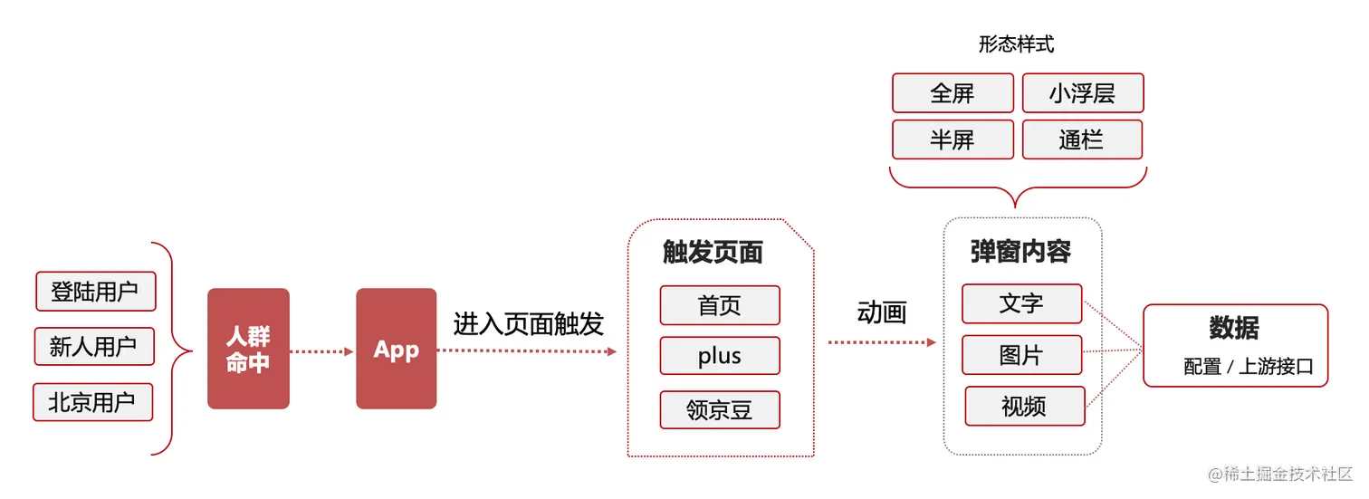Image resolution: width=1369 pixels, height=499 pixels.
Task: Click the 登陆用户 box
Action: (x=95, y=292)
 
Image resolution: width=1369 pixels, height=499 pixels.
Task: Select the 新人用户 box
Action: (x=93, y=346)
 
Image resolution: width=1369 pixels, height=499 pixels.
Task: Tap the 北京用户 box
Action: (x=92, y=402)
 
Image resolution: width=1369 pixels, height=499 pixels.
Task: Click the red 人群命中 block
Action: (x=248, y=349)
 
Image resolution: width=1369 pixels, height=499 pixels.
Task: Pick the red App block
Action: (x=397, y=349)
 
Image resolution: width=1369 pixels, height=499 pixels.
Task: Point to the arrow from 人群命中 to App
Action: (x=322, y=351)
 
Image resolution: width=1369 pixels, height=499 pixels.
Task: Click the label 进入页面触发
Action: (x=529, y=324)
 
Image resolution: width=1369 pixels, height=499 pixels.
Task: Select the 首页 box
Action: (x=720, y=305)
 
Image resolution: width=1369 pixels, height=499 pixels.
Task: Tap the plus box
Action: (x=720, y=356)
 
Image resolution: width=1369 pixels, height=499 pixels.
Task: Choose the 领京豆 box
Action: (x=720, y=410)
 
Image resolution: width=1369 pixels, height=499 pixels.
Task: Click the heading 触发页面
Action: (x=713, y=253)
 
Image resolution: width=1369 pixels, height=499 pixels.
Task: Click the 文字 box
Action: (x=1021, y=303)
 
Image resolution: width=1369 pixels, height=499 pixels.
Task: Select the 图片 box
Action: (x=1021, y=355)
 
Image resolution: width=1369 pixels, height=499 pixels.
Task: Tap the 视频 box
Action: (x=1024, y=406)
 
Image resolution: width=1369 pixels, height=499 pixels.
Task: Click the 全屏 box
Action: (x=952, y=93)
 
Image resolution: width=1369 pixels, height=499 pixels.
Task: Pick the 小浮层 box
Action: (x=1082, y=93)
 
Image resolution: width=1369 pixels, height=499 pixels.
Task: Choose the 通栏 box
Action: (x=1081, y=139)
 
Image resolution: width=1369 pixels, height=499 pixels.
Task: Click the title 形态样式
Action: (x=1016, y=44)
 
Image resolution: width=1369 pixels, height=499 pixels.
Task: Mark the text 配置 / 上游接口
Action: (x=1248, y=367)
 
